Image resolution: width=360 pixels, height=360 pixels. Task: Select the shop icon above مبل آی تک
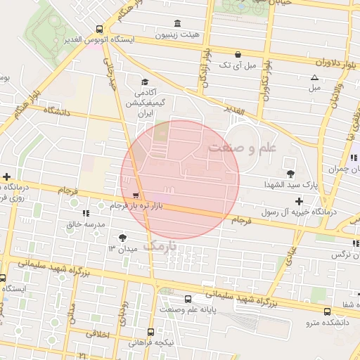tap(238, 54)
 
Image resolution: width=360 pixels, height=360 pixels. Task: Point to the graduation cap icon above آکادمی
tap(145, 82)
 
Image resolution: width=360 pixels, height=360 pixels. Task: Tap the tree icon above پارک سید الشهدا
tap(290, 173)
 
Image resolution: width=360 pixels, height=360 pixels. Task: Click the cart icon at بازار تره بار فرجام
tap(136, 195)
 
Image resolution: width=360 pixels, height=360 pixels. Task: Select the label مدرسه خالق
tap(85, 224)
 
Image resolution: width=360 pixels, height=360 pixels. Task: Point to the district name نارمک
tap(161, 245)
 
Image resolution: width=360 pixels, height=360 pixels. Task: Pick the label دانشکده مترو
tap(327, 323)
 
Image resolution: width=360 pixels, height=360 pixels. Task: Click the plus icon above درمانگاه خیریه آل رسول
tap(300, 201)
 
